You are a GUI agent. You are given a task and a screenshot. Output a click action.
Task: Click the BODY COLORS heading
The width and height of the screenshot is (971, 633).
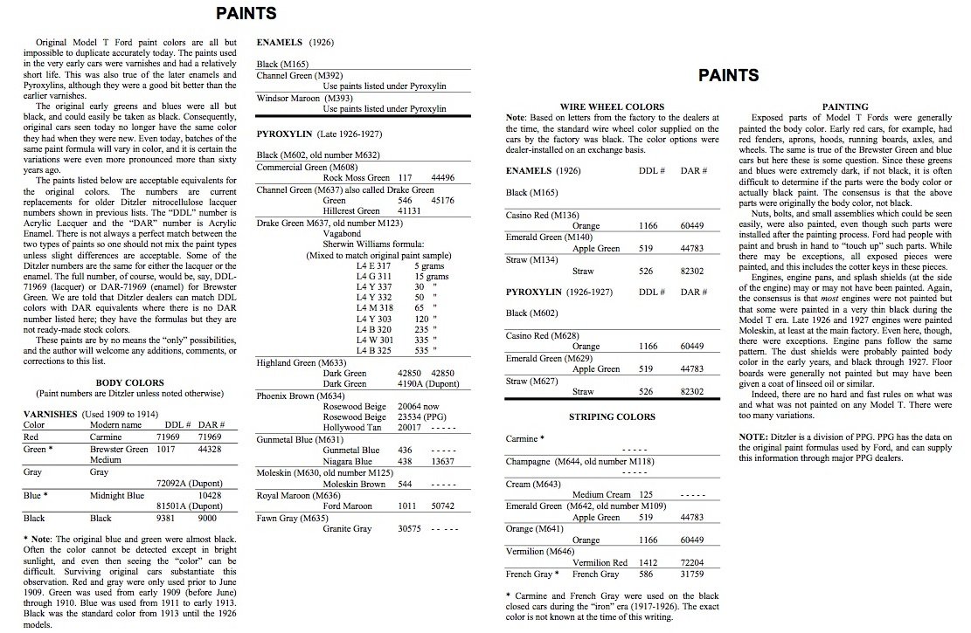point(129,382)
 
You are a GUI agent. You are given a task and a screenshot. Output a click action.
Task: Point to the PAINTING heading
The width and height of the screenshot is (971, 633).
point(845,107)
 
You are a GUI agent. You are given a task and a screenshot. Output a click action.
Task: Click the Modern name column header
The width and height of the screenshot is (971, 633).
point(115,425)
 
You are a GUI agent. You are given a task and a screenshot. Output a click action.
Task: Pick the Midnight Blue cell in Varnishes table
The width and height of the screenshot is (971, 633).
point(117,494)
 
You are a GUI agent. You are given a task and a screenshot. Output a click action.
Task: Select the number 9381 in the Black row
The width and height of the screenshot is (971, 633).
point(168,518)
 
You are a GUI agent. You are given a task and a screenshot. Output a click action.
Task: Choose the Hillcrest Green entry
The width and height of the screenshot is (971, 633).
point(351,211)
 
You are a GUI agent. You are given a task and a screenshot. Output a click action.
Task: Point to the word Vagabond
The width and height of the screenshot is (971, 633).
point(342,233)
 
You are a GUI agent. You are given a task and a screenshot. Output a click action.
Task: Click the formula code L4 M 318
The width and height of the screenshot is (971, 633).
point(374,308)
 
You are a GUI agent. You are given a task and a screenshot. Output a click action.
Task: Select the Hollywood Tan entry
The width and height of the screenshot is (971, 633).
point(352,428)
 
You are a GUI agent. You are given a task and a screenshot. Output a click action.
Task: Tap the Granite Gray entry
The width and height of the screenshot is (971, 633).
point(347,528)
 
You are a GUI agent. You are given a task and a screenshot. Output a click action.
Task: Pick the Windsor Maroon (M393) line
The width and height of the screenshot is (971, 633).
point(299,98)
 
